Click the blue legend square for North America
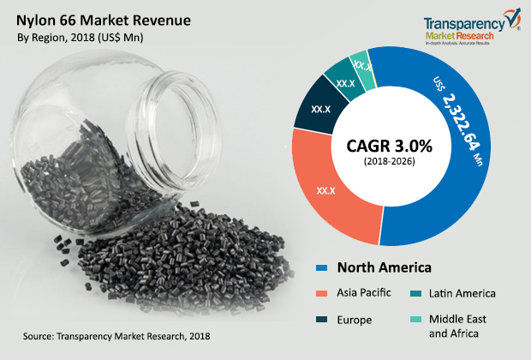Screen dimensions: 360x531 click(322, 268)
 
